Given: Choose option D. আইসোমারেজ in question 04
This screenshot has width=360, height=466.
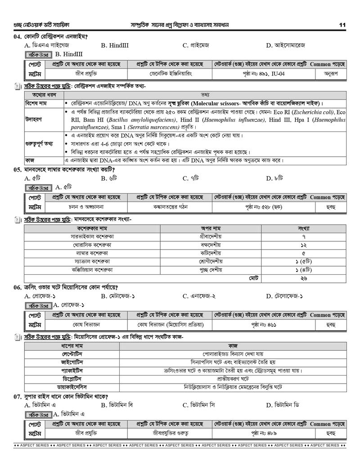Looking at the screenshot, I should click(x=286, y=45).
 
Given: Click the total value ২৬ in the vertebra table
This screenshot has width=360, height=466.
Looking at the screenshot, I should click(x=304, y=278).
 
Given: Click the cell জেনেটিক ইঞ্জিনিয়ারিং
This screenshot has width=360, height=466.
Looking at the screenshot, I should click(x=170, y=74).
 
